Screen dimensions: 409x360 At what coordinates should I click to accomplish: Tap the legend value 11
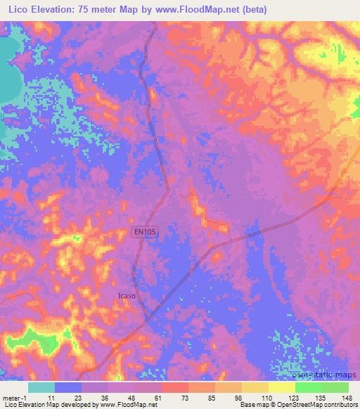pos(50,398)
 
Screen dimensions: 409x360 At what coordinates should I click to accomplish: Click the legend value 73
pos(184,398)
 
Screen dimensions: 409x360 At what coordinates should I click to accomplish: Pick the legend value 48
pos(130,398)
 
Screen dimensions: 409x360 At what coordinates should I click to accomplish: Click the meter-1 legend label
pos(15,398)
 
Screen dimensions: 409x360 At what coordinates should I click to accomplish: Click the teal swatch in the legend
pos(41,387)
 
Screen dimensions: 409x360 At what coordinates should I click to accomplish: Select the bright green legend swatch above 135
pos(308,387)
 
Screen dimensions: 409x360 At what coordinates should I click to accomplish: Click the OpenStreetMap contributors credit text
pos(321,405)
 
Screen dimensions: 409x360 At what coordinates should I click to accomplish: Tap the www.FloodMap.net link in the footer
pos(128,405)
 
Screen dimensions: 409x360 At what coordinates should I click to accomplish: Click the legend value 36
pos(103,398)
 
